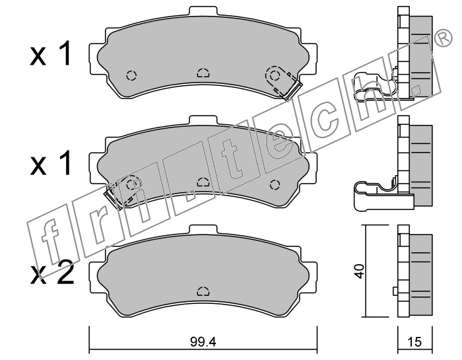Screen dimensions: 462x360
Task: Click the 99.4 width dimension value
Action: coord(203,342)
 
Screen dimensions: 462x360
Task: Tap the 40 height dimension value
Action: coord(360,271)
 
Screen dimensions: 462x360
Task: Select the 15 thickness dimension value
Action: coord(415,342)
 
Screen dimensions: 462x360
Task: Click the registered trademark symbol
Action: coord(443,38)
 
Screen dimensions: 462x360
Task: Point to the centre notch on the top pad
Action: coord(203,73)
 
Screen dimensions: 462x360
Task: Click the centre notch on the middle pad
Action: coord(203,182)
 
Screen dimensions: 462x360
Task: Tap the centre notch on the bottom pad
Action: coord(203,291)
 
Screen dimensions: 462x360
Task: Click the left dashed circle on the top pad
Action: coord(131,75)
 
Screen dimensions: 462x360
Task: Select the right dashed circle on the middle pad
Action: coord(275,185)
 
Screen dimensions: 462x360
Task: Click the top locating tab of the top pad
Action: coord(203,11)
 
